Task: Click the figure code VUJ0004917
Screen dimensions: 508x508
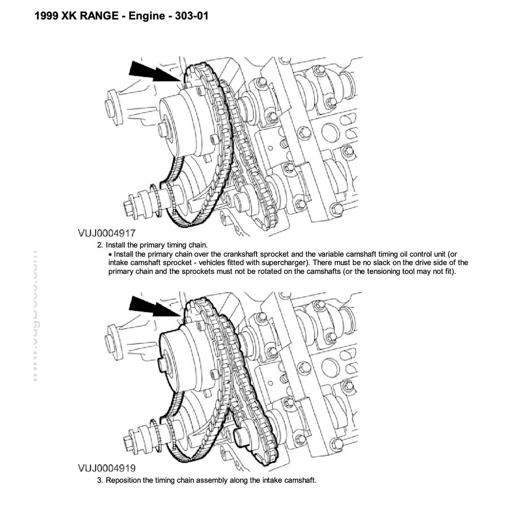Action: click(107, 233)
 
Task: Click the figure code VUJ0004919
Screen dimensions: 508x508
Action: click(107, 468)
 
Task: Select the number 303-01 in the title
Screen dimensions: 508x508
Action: click(191, 16)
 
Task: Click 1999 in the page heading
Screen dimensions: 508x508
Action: click(48, 16)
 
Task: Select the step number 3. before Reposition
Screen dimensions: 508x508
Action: click(100, 480)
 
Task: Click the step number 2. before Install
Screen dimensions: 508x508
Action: click(100, 245)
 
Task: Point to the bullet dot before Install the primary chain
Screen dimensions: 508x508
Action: click(110, 254)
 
